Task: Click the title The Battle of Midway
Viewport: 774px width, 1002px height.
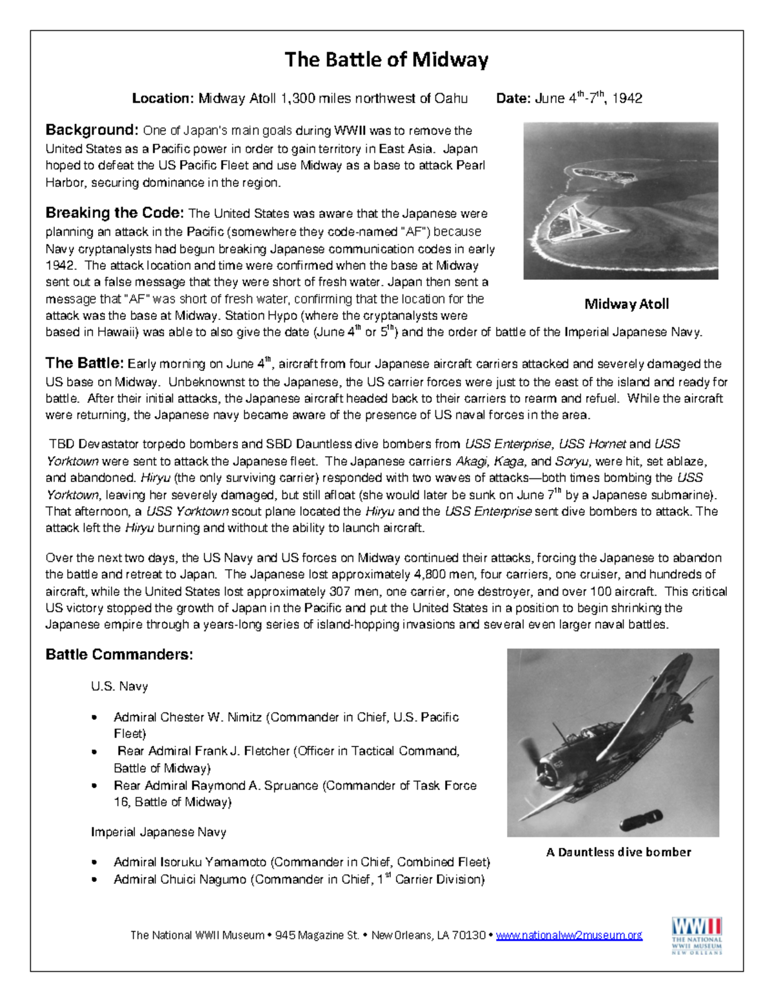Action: pos(386,60)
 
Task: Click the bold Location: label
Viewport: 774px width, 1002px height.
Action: pos(163,99)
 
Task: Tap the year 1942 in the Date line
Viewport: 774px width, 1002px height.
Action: pos(627,99)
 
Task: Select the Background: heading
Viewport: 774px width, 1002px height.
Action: pos(92,130)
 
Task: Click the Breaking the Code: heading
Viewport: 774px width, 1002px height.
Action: pos(115,213)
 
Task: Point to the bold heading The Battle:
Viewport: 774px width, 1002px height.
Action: pos(84,363)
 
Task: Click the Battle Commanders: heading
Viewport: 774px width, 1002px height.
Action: pos(119,655)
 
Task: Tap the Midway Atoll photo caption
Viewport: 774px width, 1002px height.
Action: pos(626,304)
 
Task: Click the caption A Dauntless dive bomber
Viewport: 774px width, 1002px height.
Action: pos(618,852)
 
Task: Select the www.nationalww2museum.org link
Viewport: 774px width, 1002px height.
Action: pos(569,936)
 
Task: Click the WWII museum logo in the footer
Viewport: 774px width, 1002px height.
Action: pos(697,936)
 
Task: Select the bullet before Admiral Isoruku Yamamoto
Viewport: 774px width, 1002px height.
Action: pos(95,863)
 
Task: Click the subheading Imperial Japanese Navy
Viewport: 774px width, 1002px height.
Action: pos(159,832)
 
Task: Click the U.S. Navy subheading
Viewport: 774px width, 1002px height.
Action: pos(119,686)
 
